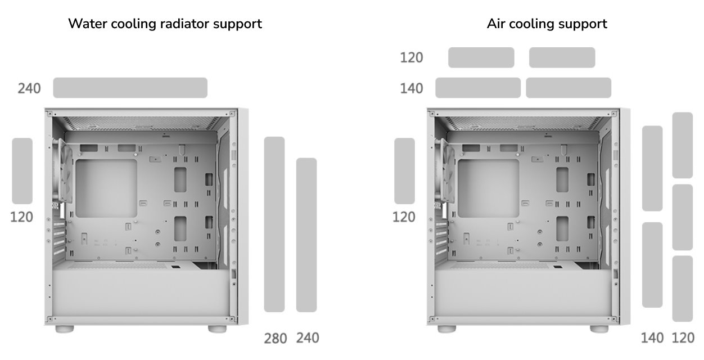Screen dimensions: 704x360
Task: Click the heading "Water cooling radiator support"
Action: pyautogui.click(x=165, y=24)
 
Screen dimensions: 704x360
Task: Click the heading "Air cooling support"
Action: pyautogui.click(x=547, y=24)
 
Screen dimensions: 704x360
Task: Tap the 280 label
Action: pyautogui.click(x=276, y=339)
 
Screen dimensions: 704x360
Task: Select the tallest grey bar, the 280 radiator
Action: pyautogui.click(x=274, y=224)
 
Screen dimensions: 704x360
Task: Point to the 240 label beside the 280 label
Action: pyautogui.click(x=308, y=338)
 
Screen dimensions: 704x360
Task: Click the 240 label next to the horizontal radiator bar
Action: pyautogui.click(x=29, y=88)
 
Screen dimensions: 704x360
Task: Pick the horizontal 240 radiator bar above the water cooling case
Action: pyautogui.click(x=130, y=88)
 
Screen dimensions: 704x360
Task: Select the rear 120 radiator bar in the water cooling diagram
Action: pyautogui.click(x=22, y=171)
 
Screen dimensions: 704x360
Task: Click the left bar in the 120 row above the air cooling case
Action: pyautogui.click(x=481, y=57)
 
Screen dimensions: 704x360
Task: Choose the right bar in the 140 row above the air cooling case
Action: pyautogui.click(x=568, y=88)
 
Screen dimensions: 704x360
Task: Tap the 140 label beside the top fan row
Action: pyautogui.click(x=412, y=88)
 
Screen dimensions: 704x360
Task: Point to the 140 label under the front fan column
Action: pyautogui.click(x=652, y=338)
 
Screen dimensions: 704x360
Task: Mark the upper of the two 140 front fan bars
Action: pyautogui.click(x=652, y=169)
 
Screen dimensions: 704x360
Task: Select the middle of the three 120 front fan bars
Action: pyautogui.click(x=683, y=217)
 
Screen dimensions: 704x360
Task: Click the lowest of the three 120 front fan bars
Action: pyautogui.click(x=683, y=289)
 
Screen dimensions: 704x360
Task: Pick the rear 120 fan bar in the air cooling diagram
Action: pyautogui.click(x=404, y=171)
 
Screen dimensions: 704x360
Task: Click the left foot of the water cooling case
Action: pyautogui.click(x=65, y=329)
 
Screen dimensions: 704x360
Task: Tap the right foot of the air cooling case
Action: pyautogui.click(x=599, y=329)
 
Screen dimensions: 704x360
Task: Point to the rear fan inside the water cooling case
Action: pyautogui.click(x=65, y=172)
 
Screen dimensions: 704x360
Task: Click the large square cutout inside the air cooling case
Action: pyautogui.click(x=489, y=188)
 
